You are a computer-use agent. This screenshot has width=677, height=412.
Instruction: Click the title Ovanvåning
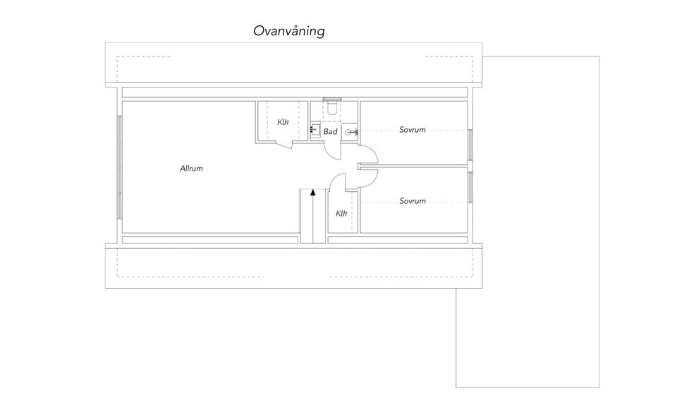click(289, 31)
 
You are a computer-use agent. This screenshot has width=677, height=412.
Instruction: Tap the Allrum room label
click(191, 169)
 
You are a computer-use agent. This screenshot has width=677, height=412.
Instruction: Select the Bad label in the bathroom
click(330, 132)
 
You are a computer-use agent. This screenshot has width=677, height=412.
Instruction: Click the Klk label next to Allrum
click(283, 122)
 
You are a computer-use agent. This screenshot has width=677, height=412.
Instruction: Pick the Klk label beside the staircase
click(341, 213)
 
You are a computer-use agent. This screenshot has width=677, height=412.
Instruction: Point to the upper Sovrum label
click(413, 130)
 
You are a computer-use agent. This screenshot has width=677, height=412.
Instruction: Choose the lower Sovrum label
click(413, 201)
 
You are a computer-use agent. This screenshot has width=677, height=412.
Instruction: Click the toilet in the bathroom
click(332, 108)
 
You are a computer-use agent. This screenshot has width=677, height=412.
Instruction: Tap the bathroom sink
click(315, 130)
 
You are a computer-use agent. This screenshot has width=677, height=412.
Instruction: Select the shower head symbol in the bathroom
click(350, 133)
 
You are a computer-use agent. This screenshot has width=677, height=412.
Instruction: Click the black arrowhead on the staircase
click(312, 192)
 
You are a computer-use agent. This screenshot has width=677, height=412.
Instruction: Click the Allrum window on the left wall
click(120, 167)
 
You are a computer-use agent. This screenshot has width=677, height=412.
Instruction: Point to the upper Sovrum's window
click(470, 145)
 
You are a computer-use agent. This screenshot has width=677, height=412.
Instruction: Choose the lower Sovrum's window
click(470, 188)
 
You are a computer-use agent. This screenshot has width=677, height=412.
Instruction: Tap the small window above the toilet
click(332, 99)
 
